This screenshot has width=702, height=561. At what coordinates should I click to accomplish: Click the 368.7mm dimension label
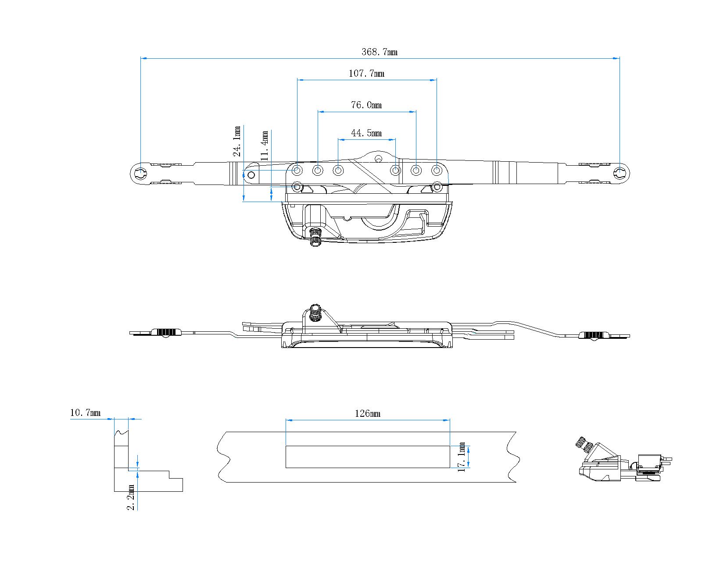point(380,52)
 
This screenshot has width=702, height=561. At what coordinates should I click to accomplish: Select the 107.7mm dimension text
point(366,73)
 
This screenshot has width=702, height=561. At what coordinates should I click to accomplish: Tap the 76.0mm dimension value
point(366,105)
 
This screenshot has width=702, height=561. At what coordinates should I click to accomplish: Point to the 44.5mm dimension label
point(366,133)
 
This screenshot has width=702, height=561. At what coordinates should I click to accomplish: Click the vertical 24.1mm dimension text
point(237,141)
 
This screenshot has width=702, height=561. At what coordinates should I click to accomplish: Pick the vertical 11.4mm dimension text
point(264,145)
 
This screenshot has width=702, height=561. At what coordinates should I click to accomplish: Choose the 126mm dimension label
point(367,413)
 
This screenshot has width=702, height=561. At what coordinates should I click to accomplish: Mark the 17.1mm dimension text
point(462,457)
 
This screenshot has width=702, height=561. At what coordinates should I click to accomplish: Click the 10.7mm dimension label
point(85,412)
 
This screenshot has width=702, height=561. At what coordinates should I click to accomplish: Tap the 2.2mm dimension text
point(131,497)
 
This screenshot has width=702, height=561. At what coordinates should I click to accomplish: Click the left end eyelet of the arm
point(140,174)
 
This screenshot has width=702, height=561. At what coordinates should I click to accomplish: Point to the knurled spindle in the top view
point(315,237)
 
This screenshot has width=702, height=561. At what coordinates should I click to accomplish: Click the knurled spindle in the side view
point(314,312)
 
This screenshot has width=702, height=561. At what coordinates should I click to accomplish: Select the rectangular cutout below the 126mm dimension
point(367,457)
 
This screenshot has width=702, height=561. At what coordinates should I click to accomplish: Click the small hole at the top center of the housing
point(378,158)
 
